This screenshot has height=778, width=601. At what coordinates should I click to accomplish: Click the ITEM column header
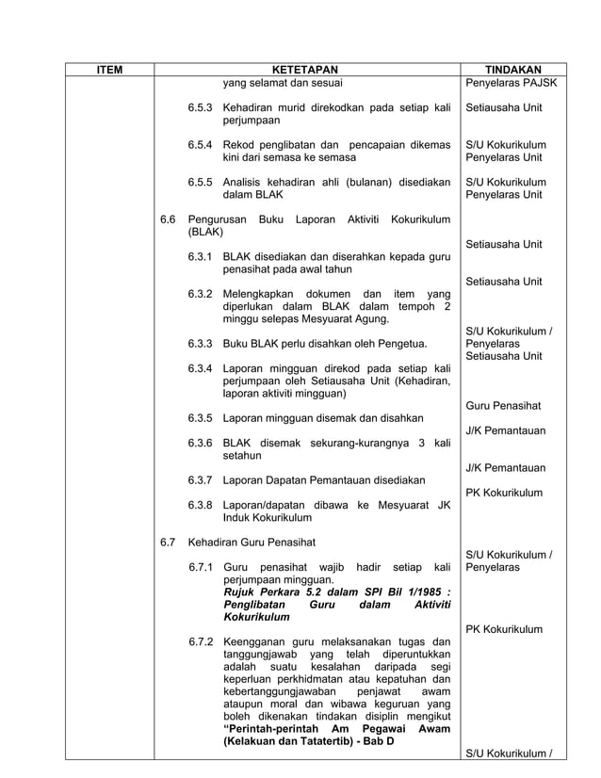110,69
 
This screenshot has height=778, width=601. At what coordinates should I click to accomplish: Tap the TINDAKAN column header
512,69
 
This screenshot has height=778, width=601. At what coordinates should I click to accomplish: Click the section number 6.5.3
200,107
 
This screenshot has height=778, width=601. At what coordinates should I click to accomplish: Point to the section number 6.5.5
200,182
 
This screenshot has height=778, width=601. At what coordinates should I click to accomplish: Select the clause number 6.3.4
200,368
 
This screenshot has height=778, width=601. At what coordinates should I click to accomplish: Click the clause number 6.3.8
200,505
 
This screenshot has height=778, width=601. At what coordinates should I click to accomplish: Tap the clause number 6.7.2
200,642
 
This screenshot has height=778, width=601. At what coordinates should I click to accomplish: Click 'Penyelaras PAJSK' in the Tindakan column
512,83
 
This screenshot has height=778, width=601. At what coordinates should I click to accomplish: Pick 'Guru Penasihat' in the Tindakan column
503,406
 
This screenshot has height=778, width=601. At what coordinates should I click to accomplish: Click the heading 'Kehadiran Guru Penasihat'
252,543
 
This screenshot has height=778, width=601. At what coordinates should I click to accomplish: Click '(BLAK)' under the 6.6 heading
205,232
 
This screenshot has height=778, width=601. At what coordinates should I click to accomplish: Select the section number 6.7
168,543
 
